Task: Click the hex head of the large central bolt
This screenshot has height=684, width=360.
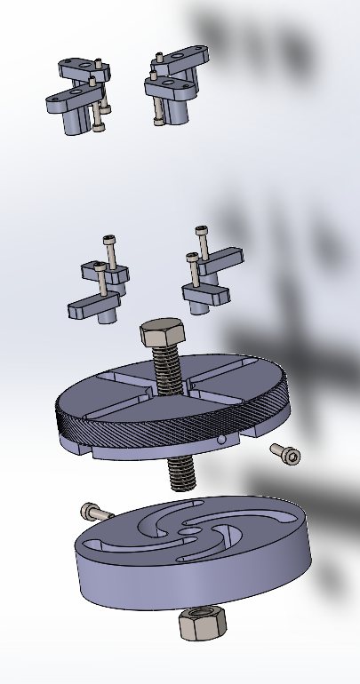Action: [x=162, y=335]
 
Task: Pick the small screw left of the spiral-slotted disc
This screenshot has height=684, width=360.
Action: [x=96, y=512]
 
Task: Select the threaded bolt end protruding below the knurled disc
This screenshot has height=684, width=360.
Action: [x=182, y=470]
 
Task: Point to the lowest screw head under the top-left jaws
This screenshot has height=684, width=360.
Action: [x=97, y=127]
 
